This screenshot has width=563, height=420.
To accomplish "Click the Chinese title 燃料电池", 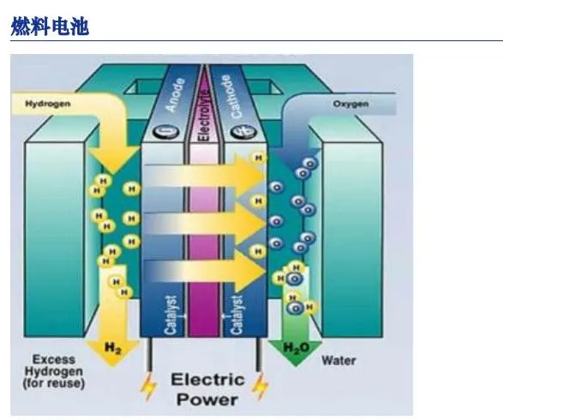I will [x=50, y=27].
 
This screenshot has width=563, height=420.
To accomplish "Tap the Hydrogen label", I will [x=47, y=104].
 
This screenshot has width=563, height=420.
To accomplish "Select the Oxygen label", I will [x=350, y=104].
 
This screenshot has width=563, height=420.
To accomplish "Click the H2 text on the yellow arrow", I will [x=113, y=347].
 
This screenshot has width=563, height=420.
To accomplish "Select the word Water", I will [x=339, y=360].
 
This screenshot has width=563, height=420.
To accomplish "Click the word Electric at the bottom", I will [x=207, y=379].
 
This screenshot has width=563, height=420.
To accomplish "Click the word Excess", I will [x=53, y=359].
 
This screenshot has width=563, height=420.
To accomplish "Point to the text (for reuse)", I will [x=53, y=383].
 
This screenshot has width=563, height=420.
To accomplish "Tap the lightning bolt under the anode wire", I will [x=149, y=387].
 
